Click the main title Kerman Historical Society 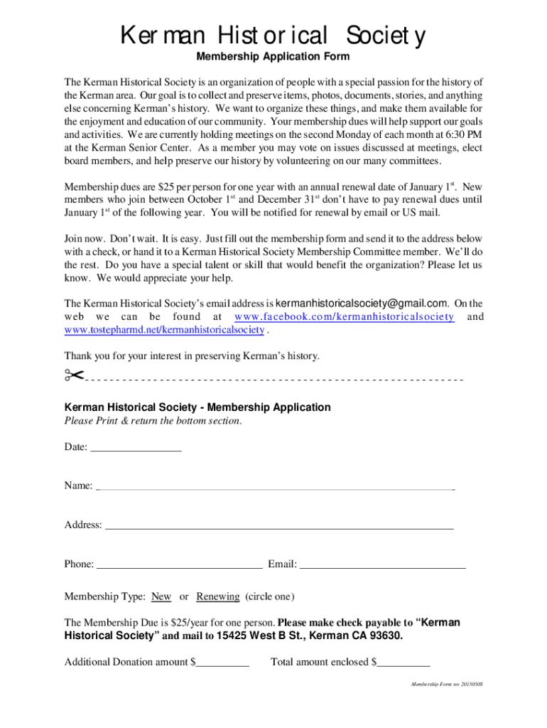[x=273, y=35]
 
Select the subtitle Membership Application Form [x=273, y=57]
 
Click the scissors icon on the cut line [x=73, y=375]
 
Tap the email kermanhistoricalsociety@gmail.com [x=361, y=303]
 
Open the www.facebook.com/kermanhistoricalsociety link [x=344, y=316]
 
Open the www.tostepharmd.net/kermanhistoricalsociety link [x=163, y=330]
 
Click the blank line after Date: [x=136, y=448]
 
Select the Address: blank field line [x=279, y=526]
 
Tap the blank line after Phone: [x=179, y=565]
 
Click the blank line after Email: [x=383, y=565]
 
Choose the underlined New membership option [x=161, y=596]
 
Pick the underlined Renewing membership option [x=217, y=596]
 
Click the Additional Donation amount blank [x=223, y=663]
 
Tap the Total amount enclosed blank [x=404, y=663]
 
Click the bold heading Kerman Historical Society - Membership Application [x=197, y=407]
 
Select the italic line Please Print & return [x=153, y=421]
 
